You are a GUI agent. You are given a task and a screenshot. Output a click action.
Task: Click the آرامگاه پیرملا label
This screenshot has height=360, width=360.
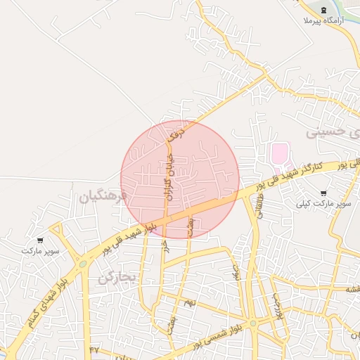pos(322,22)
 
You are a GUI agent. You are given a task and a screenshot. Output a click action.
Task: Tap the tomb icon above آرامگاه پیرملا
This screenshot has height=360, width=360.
pos(323,9)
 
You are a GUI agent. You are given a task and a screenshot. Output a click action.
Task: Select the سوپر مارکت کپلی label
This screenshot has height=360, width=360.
pos(323,204)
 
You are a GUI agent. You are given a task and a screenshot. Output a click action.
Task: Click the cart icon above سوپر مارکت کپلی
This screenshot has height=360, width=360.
pos(323,193)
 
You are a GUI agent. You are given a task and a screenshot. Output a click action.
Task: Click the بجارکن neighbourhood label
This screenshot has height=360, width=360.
pos(115,277)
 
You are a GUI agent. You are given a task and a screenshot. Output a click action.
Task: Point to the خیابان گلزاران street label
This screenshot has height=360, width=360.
pos(169,176)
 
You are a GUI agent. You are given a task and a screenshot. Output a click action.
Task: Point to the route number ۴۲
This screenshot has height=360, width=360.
pos(95,349)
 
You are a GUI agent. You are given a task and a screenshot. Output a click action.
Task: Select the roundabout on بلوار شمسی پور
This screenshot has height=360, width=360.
pos(253,323)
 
